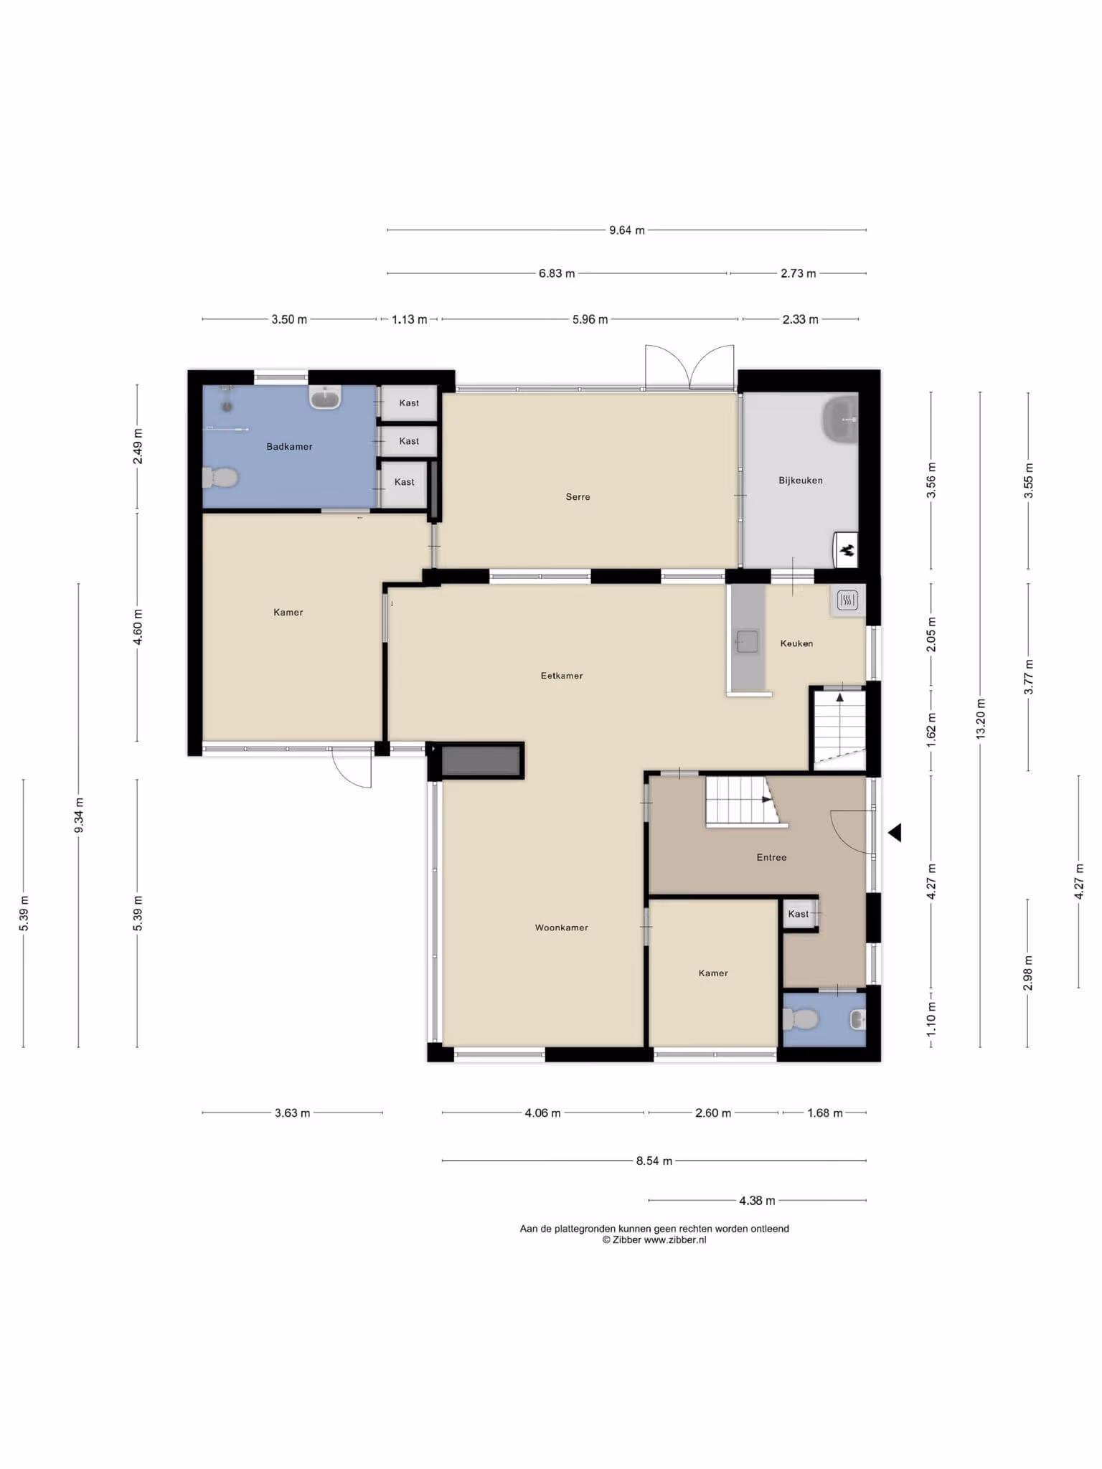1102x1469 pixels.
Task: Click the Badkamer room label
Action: (x=289, y=447)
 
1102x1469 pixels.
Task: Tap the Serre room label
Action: (x=578, y=496)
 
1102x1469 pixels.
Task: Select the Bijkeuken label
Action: (x=801, y=481)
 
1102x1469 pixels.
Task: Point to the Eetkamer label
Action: (x=562, y=676)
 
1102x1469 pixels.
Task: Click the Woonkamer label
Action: (x=562, y=927)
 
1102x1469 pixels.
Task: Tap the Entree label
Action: (x=772, y=857)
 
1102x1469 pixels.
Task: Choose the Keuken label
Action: (x=796, y=643)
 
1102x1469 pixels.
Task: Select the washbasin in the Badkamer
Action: (x=325, y=397)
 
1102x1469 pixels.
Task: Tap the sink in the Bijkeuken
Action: (x=840, y=419)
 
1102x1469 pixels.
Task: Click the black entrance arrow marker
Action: (x=895, y=833)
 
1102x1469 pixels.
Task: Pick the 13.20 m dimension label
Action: (x=981, y=719)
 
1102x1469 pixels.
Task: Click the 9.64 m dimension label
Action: (x=627, y=230)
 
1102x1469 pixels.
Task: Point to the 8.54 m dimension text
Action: (x=654, y=1161)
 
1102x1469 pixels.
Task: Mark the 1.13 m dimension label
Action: (x=409, y=319)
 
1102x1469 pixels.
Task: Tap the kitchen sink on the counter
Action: (x=747, y=642)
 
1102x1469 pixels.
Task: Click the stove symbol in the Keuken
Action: (x=847, y=600)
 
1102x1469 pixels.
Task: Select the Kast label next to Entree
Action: (x=798, y=914)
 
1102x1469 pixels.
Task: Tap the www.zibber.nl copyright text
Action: (x=654, y=1239)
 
